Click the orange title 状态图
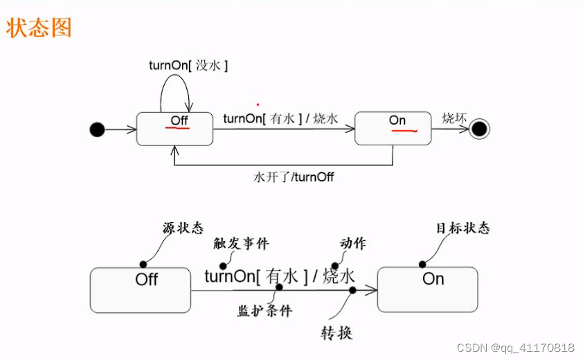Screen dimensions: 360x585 tap(39, 28)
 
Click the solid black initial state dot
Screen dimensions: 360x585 tap(97, 129)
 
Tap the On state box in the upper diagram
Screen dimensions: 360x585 tap(391, 129)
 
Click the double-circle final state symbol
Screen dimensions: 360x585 tap(478, 129)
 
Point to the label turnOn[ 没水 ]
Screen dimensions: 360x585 tap(188, 66)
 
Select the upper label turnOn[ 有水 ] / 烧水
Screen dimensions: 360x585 tap(280, 119)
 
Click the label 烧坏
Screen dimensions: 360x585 tap(454, 118)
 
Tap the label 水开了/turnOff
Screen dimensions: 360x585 tap(294, 177)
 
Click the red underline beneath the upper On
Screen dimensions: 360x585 tap(402, 129)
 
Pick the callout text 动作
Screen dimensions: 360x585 tap(353, 243)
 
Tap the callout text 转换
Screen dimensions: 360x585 tap(336, 333)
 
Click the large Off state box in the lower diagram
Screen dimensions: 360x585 tap(141, 289)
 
